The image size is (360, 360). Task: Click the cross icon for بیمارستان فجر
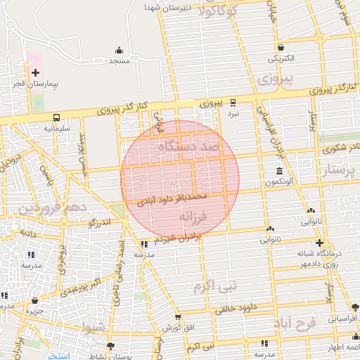click(x=35, y=72)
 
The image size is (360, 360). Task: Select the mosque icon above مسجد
click(x=119, y=51)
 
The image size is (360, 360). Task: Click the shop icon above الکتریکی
click(x=281, y=47)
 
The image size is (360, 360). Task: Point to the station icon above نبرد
click(x=233, y=103)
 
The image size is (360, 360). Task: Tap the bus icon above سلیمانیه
click(x=56, y=118)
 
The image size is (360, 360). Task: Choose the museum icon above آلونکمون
click(x=280, y=172)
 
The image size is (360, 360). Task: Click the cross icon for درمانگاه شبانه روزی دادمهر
click(x=319, y=242)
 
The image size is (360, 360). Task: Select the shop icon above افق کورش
click(x=178, y=318)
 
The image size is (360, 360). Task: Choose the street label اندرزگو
click(x=99, y=223)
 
